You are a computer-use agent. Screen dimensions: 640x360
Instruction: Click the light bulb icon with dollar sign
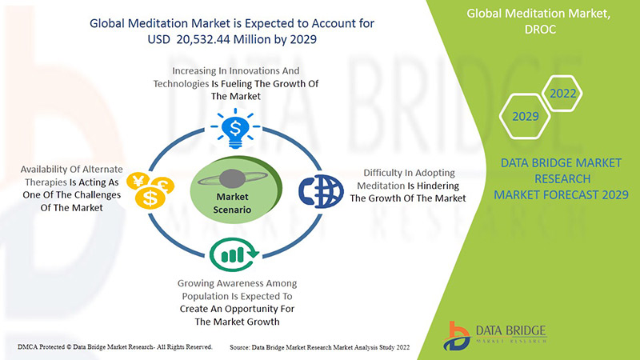pos(235,129)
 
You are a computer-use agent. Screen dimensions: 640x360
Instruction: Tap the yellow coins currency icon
pos(150,190)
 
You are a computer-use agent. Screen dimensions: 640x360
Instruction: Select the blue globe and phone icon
pos(321,191)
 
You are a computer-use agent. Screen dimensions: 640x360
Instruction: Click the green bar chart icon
pos(234,254)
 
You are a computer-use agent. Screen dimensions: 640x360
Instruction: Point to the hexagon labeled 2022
pos(562,94)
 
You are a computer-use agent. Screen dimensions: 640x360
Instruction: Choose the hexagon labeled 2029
pos(525,116)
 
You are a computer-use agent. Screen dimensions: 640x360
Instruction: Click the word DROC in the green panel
pos(540,30)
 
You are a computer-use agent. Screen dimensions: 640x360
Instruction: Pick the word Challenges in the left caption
pos(97,195)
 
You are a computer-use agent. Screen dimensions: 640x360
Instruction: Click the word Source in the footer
pos(239,347)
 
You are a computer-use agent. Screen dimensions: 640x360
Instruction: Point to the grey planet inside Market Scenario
pos(232,178)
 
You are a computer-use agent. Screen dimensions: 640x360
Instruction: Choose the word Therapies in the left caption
pos(46,182)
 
